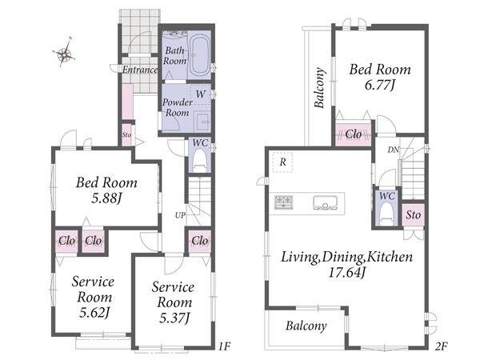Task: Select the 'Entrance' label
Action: click(140, 70)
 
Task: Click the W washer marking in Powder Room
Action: click(201, 94)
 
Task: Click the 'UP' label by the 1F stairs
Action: click(180, 215)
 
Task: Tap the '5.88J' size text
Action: click(107, 198)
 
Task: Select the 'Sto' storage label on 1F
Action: click(126, 134)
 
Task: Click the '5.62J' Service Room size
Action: click(94, 313)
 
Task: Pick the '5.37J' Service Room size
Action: click(174, 318)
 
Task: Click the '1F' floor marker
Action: click(224, 346)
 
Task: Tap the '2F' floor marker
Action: click(442, 346)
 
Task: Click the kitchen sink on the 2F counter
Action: click(325, 202)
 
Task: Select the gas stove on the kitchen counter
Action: click(284, 202)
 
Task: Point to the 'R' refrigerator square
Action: click(282, 162)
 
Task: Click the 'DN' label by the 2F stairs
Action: click(394, 150)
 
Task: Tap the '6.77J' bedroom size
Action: click(380, 85)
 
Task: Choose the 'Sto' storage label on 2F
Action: click(414, 215)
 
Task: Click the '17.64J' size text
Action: click(347, 272)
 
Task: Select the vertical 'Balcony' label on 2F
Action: click(319, 88)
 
